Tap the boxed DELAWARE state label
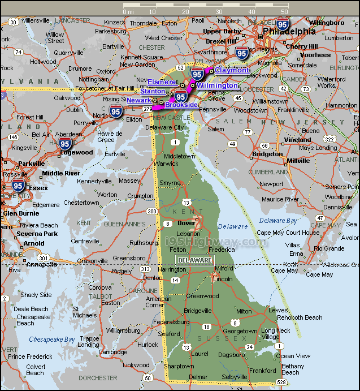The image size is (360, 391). click(x=194, y=260)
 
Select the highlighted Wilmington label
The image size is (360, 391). click(x=217, y=85)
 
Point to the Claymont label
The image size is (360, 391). click(x=231, y=70)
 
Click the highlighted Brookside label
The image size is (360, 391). click(x=181, y=105)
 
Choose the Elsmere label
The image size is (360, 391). click(x=162, y=82)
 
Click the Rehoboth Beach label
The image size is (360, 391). click(x=299, y=317)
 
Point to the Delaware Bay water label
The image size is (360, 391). click(x=276, y=220)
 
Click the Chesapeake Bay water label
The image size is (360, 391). click(x=52, y=340)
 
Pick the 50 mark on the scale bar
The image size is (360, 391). click(x=284, y=11)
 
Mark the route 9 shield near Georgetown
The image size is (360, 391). click(x=235, y=323)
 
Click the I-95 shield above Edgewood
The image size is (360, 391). click(x=64, y=143)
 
